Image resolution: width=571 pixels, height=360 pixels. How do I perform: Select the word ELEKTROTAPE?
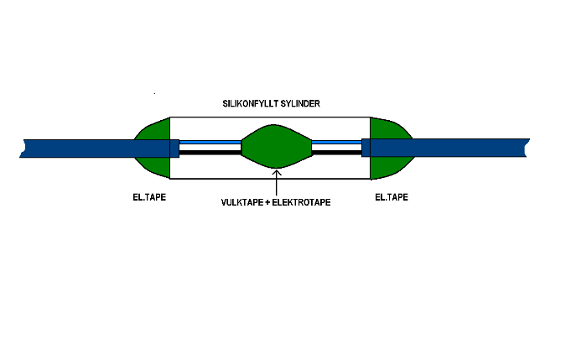298,202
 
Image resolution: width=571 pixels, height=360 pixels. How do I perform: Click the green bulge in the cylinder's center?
277,147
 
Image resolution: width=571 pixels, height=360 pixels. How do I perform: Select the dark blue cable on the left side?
84,149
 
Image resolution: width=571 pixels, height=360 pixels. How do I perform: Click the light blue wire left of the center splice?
210,143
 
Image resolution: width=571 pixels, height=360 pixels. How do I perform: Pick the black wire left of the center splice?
210,153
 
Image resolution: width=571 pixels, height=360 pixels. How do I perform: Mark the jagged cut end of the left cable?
24,149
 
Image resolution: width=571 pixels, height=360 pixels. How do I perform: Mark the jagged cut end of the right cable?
528,149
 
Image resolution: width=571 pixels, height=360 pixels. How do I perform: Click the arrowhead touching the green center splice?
277,171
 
